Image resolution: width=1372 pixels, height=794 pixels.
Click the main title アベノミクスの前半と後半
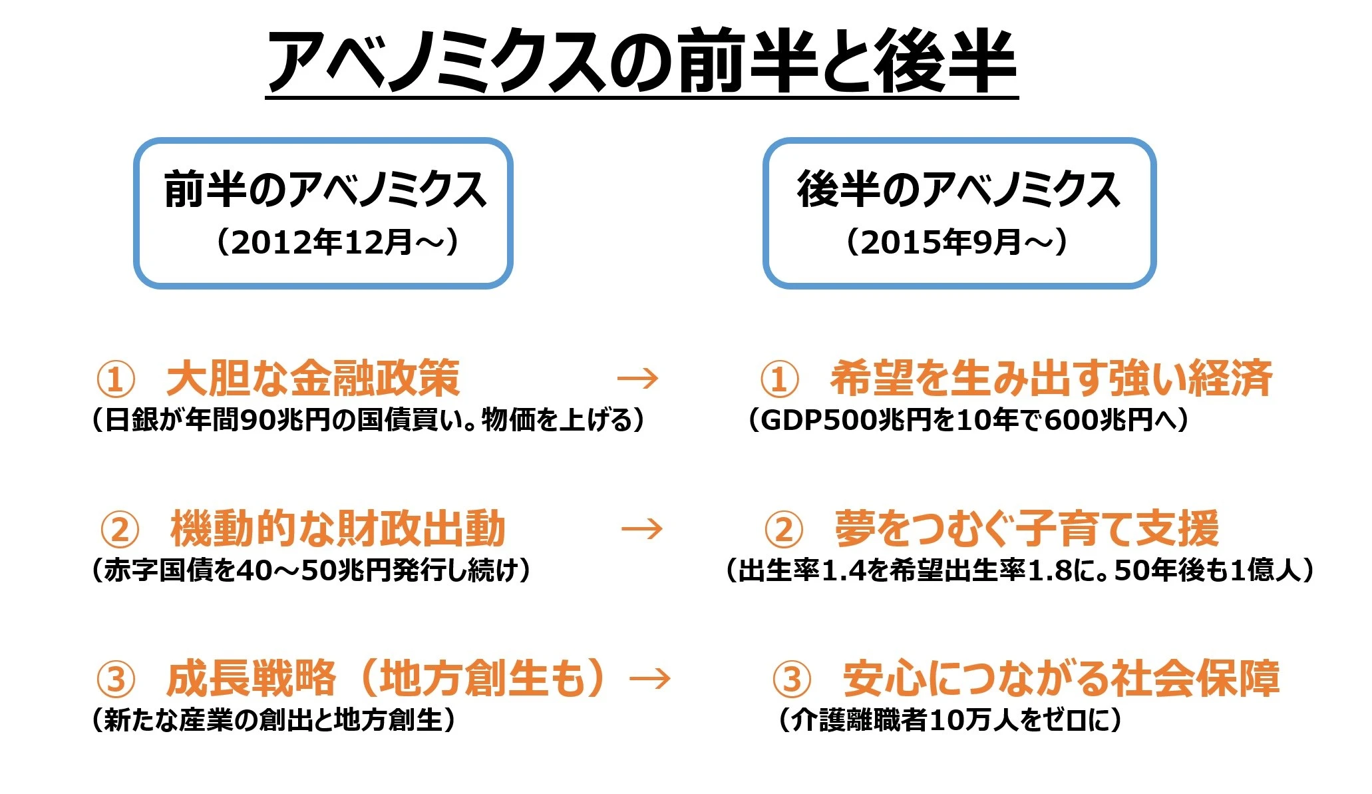coord(642,61)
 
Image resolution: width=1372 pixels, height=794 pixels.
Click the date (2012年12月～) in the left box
coord(337,242)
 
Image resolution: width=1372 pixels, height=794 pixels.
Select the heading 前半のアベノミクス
coord(325,190)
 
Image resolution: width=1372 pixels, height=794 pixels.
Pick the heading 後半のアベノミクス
coord(959,190)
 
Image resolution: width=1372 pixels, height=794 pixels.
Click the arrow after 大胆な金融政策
coord(637,379)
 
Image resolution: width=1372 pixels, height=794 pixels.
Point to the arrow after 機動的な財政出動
coord(642,529)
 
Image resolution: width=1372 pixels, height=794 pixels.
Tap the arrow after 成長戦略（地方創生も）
coord(650,679)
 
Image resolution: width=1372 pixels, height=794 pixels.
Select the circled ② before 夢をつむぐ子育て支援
coord(784,530)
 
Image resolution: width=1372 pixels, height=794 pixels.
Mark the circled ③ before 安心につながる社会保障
coord(792,680)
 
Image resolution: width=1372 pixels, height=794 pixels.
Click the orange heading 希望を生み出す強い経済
coord(1051,378)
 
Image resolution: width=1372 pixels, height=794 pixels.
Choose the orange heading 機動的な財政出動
coord(338,528)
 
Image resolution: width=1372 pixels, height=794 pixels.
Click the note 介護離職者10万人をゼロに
coord(950,720)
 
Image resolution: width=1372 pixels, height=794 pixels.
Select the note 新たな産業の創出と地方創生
coord(273,720)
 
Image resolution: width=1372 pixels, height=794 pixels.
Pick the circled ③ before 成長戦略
coord(116,680)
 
